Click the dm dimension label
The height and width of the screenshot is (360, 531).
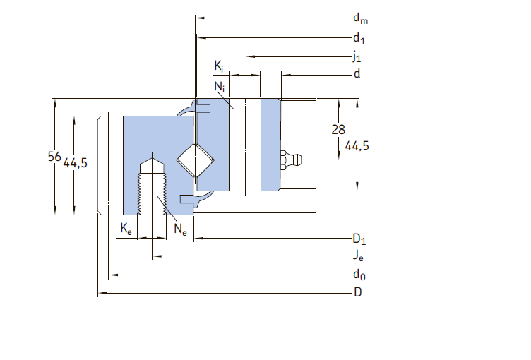[x=360, y=18]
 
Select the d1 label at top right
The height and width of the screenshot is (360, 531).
[x=359, y=38]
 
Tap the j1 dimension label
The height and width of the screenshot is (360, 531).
[x=357, y=56]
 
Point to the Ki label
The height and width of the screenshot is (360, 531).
[x=219, y=66]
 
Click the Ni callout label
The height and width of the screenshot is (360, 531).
[x=219, y=87]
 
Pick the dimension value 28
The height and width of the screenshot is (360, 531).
[x=338, y=130]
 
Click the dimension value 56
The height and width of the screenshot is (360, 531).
[x=54, y=157]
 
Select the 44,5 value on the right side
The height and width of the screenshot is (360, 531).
[x=357, y=146]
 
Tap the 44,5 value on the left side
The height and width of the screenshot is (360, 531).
[x=75, y=163]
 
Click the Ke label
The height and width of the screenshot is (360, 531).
[x=126, y=229]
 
